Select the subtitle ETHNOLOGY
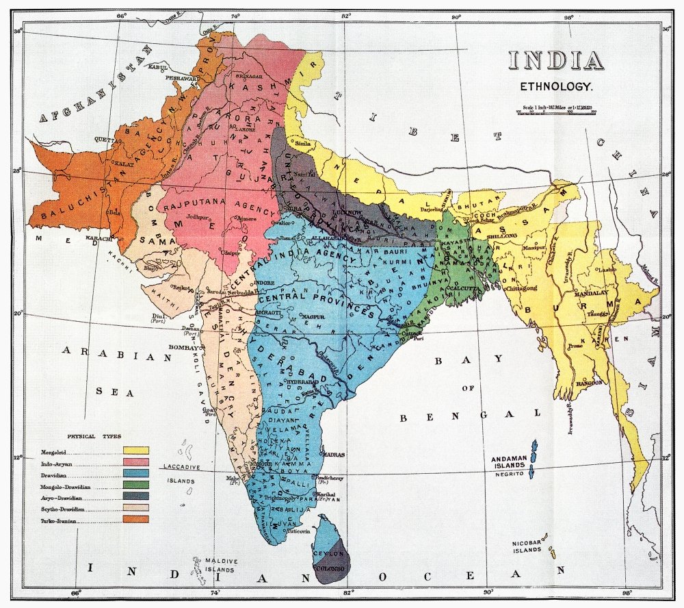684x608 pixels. (x=555, y=87)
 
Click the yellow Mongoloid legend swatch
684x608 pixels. (x=136, y=451)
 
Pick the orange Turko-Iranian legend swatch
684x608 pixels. (x=136, y=518)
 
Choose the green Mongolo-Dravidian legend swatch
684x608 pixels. (x=136, y=485)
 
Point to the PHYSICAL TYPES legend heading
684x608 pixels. (x=94, y=436)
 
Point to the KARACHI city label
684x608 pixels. (x=98, y=238)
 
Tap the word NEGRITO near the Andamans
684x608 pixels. (x=508, y=474)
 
